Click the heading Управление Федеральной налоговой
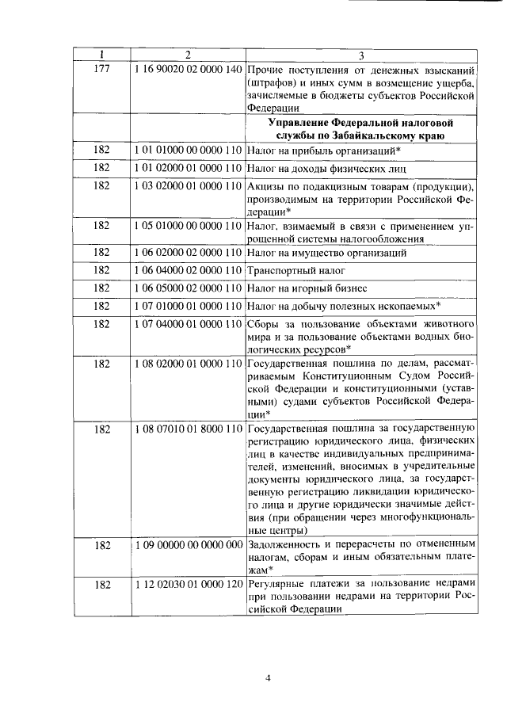[x=360, y=123]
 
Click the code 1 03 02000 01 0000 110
[x=188, y=186]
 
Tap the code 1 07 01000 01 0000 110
[x=188, y=306]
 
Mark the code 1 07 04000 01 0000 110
[x=188, y=324]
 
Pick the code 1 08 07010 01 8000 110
[x=188, y=429]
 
